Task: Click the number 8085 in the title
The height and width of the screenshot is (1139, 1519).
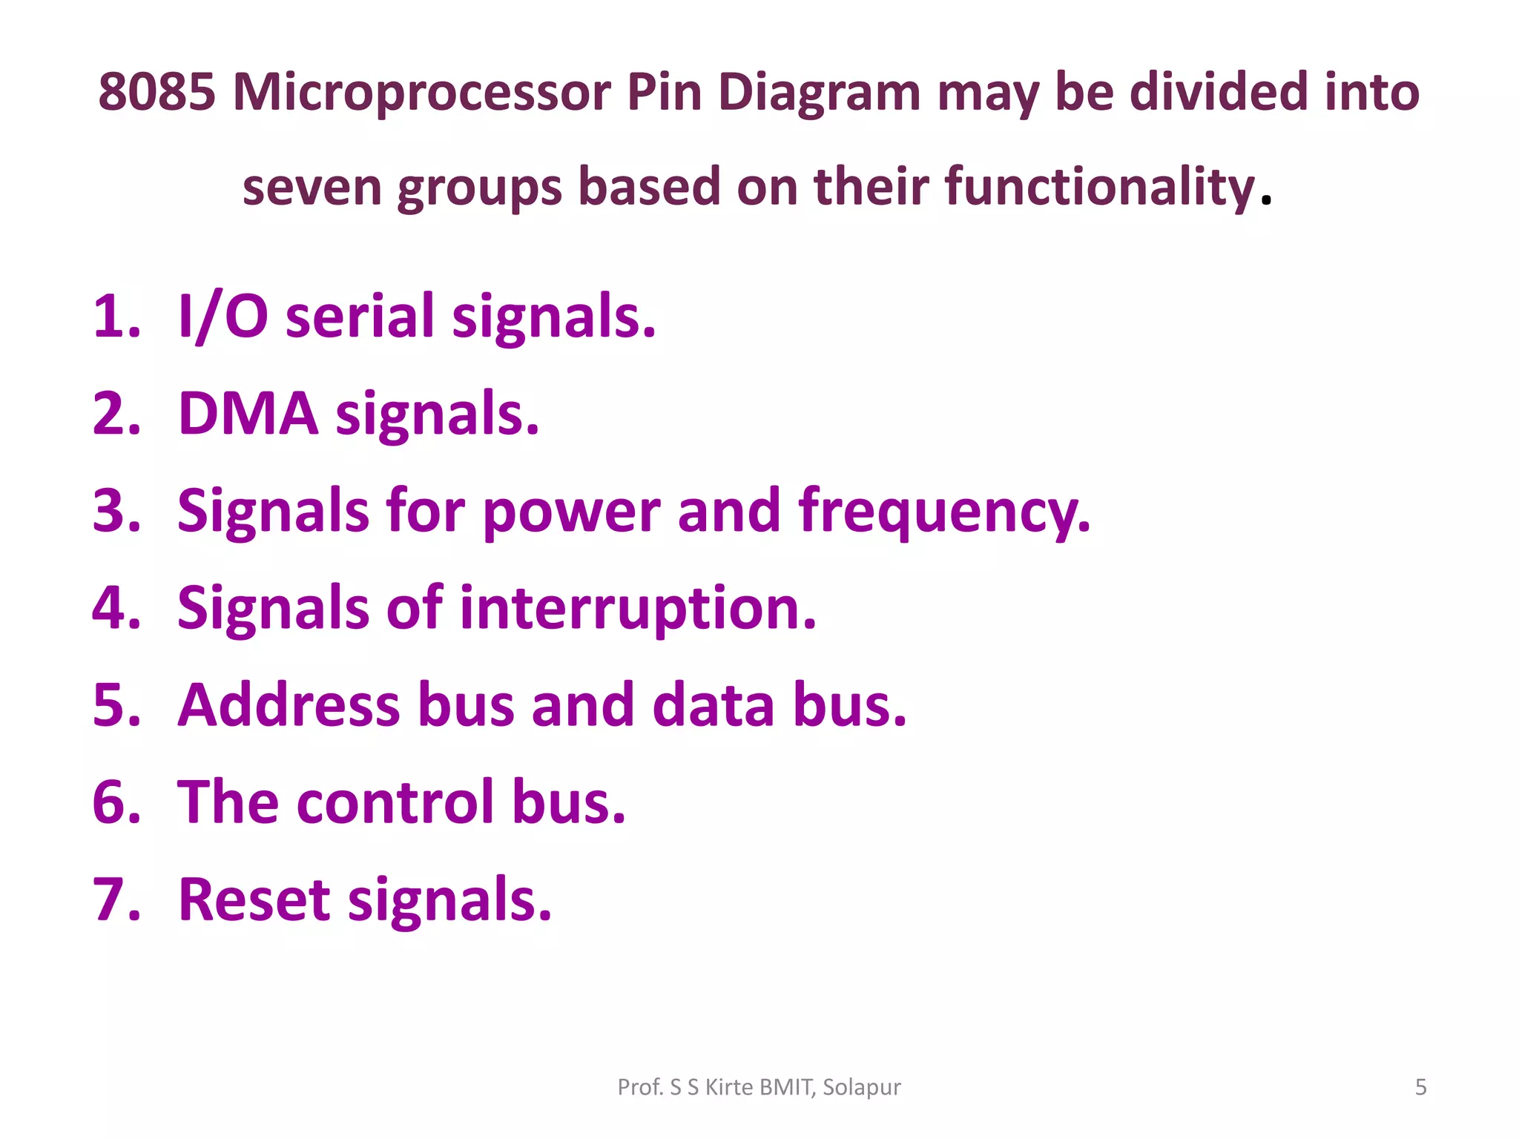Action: [156, 92]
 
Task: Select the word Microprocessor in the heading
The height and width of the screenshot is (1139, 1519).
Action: [421, 93]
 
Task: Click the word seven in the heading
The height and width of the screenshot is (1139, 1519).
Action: [312, 187]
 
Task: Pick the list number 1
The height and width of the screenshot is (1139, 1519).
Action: [115, 317]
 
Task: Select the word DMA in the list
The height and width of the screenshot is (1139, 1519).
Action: [248, 414]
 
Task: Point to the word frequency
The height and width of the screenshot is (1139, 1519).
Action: [944, 512]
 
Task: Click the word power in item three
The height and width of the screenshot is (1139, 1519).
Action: [571, 512]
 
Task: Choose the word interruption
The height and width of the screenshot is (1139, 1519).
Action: [637, 609]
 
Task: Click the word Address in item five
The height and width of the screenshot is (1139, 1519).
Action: [289, 705]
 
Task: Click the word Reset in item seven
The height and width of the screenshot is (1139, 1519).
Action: [254, 899]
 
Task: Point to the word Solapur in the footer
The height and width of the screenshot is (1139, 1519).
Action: [861, 1087]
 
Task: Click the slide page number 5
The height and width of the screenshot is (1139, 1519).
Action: [1420, 1087]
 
